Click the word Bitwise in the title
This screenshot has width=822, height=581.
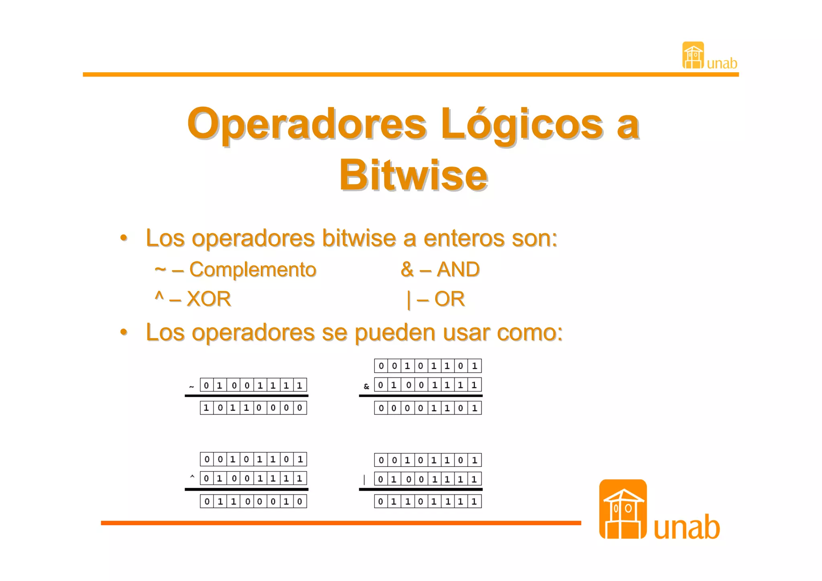tap(413, 175)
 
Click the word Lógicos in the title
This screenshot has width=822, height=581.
tap(521, 124)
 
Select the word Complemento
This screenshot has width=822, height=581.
tap(252, 269)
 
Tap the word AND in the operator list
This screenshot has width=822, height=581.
tap(458, 269)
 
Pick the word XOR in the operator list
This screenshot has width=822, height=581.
tap(209, 299)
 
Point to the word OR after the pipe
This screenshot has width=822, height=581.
tap(449, 299)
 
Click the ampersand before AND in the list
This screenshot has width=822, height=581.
tap(407, 269)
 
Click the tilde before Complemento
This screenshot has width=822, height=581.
tap(160, 269)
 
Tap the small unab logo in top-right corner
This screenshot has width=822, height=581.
tap(709, 56)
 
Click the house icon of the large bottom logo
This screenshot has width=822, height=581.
tap(623, 509)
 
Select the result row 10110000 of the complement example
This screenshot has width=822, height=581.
tap(253, 408)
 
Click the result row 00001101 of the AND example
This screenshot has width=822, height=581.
tap(428, 408)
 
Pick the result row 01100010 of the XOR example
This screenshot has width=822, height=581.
tap(253, 501)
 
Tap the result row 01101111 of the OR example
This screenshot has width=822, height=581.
tap(428, 501)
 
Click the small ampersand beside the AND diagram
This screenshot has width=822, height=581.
tap(366, 387)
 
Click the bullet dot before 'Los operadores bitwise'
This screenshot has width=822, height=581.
tap(124, 238)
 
